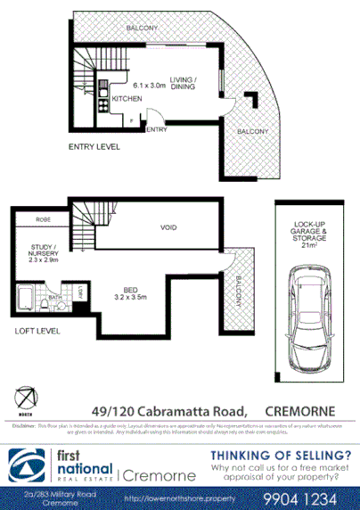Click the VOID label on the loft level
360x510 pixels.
pos(168,227)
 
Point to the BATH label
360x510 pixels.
pos(54,299)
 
